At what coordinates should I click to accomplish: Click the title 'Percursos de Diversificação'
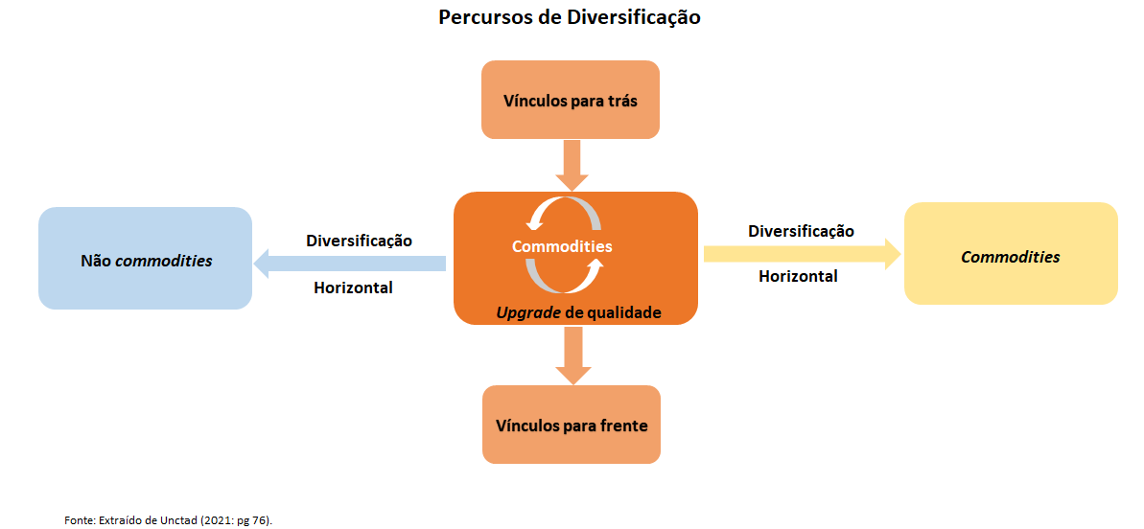[570, 17]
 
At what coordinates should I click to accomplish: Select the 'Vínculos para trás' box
[570, 100]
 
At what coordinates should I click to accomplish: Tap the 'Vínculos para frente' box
[572, 425]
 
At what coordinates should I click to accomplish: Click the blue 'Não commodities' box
[145, 259]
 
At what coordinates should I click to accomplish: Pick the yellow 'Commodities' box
[1011, 254]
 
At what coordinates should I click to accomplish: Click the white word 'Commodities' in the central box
[562, 246]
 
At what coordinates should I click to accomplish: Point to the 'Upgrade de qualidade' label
[578, 312]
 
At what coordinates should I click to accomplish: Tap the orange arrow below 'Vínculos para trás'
[572, 165]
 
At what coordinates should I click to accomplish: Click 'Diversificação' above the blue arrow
[359, 240]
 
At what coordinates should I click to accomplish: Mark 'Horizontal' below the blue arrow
[353, 287]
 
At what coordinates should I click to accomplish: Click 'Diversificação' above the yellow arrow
[801, 231]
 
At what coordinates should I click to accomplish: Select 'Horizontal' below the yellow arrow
[798, 276]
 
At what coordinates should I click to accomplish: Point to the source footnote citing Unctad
[169, 518]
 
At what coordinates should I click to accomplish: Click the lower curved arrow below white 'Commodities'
[564, 277]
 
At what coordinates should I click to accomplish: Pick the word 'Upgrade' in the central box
[527, 312]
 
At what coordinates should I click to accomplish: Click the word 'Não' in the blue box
[95, 260]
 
